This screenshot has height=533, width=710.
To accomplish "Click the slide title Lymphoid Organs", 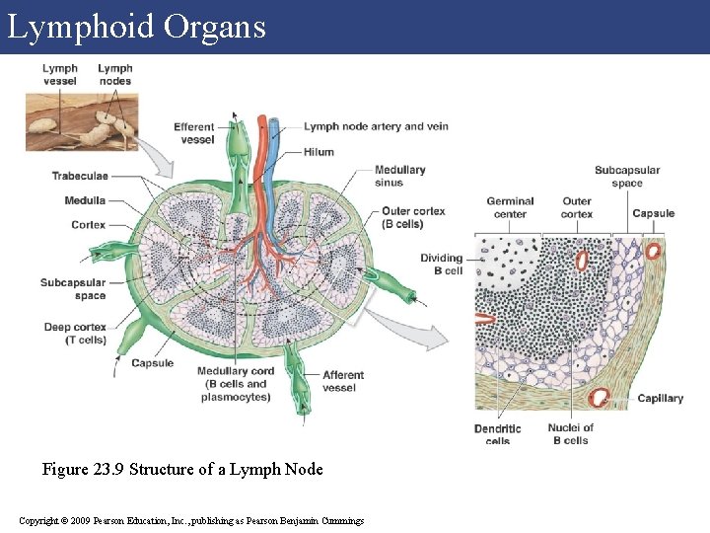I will (x=136, y=27).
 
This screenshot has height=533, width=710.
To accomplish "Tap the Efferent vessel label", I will (x=194, y=133).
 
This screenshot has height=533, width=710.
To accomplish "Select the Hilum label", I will (x=319, y=152).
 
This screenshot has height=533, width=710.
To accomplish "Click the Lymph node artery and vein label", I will (x=376, y=126).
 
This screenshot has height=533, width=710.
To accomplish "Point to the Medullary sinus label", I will (x=399, y=176).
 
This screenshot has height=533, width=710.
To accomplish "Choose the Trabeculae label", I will (x=80, y=176).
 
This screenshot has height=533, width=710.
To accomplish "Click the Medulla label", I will (x=85, y=200).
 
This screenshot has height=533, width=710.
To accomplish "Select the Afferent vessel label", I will (x=343, y=381).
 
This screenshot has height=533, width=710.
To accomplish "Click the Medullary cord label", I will (x=235, y=384).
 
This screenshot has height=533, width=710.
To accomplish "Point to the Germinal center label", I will (x=510, y=207).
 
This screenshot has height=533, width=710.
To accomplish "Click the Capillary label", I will (x=660, y=399).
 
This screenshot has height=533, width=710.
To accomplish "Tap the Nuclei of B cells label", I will (x=570, y=434).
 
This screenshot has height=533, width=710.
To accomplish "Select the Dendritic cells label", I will (x=497, y=434).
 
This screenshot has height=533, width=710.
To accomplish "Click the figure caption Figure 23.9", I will (x=182, y=469).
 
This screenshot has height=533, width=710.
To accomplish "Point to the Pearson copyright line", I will (x=191, y=520).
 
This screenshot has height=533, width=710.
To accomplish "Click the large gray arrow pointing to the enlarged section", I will (x=414, y=331).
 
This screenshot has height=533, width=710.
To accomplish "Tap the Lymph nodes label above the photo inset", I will (x=115, y=74).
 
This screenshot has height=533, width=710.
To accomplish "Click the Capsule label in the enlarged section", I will (x=653, y=213).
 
